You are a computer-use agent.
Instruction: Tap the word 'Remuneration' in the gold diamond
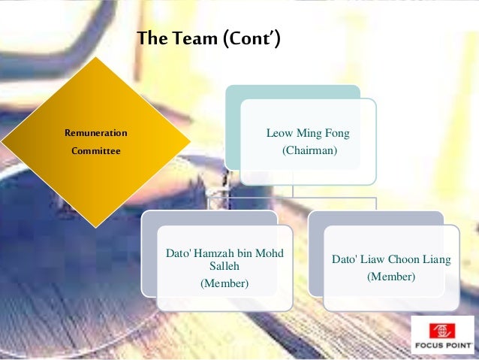click(x=96, y=133)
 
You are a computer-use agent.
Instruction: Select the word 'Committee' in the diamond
click(x=96, y=150)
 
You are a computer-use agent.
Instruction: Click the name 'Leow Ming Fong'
click(x=308, y=134)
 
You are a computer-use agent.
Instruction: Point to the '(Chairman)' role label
click(x=309, y=151)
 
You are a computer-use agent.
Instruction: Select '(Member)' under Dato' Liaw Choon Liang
click(x=390, y=277)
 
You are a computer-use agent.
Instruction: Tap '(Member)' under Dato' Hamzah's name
click(x=224, y=283)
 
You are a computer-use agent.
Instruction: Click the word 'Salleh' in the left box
click(x=224, y=266)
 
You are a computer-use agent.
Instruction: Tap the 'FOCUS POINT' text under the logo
click(x=443, y=347)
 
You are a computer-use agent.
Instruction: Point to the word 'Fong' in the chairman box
click(x=337, y=134)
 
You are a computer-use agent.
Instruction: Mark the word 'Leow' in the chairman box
click(x=279, y=134)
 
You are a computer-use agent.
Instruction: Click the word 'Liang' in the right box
click(x=436, y=260)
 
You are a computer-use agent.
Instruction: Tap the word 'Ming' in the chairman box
click(x=309, y=134)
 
